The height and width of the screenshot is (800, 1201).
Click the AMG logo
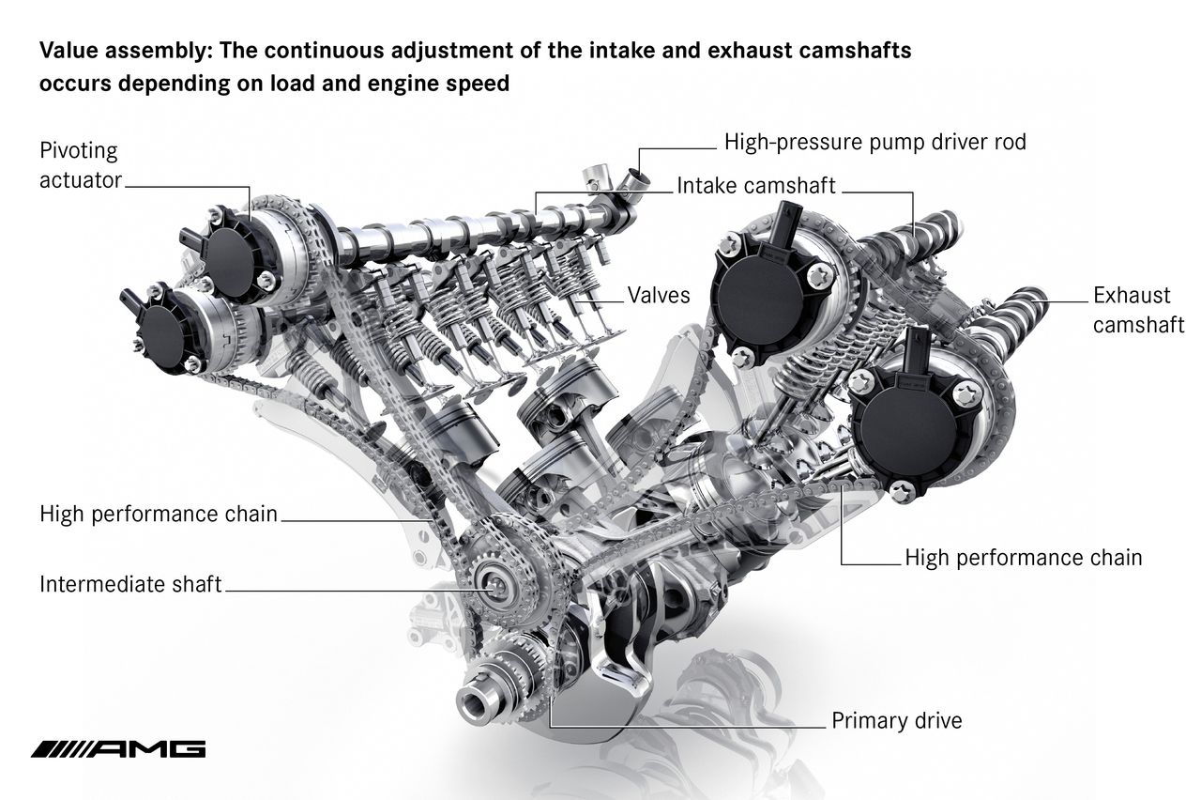point(118,749)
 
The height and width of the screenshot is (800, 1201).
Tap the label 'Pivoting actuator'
point(81,165)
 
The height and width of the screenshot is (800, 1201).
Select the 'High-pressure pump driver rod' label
point(875,142)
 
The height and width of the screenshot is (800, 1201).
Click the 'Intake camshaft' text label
point(756,186)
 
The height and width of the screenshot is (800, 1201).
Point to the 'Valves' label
point(659,295)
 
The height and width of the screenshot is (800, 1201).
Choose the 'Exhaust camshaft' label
point(1138,310)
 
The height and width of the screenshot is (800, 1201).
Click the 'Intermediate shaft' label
point(130,584)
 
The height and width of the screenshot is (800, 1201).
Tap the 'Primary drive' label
point(896,720)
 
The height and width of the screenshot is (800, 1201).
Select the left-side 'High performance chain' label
point(159,514)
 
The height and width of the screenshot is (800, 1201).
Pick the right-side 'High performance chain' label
point(1024,558)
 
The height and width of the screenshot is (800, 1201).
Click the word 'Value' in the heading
point(68,51)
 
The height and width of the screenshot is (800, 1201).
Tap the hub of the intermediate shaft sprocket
point(494,583)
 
